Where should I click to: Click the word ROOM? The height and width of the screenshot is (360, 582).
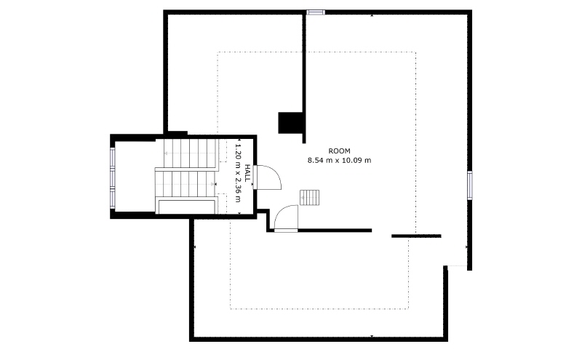339,151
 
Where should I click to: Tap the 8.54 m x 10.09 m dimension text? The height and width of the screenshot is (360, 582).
339,160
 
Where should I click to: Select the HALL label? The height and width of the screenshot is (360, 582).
247,173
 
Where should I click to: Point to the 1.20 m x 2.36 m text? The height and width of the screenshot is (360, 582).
238,173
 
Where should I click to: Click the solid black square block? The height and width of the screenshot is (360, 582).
290,122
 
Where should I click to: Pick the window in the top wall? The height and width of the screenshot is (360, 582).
316,12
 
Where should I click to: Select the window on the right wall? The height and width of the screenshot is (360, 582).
469,185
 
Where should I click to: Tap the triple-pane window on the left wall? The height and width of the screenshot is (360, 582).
113,177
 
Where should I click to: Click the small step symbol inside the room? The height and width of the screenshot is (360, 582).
310,197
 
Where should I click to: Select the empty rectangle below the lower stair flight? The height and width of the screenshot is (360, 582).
187,207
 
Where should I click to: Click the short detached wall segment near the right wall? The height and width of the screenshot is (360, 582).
416,236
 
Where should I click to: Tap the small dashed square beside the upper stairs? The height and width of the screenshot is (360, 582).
223,151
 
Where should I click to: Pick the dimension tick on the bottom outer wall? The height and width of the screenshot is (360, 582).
372,336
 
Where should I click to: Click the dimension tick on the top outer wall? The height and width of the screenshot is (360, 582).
372,15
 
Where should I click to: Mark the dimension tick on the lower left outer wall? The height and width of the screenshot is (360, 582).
195,247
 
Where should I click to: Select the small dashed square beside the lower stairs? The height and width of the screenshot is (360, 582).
222,204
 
